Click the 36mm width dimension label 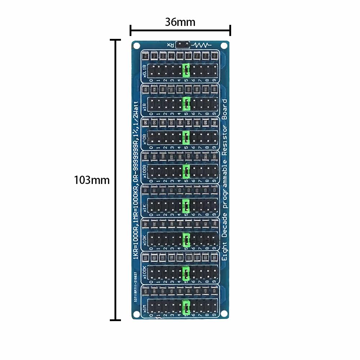point(180,22)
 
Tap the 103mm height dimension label point(92,180)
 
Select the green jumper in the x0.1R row point(186,70)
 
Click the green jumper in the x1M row point(186,307)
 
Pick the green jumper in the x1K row point(186,206)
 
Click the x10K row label point(145,240)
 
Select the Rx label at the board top point(170,45)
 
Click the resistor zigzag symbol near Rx point(202,45)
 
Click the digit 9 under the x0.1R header point(215,80)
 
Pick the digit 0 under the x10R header point(151,148)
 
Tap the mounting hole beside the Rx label point(137,46)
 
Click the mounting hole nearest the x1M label point(137,314)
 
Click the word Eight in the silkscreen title point(224,252)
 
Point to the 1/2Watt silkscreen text point(136,108)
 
